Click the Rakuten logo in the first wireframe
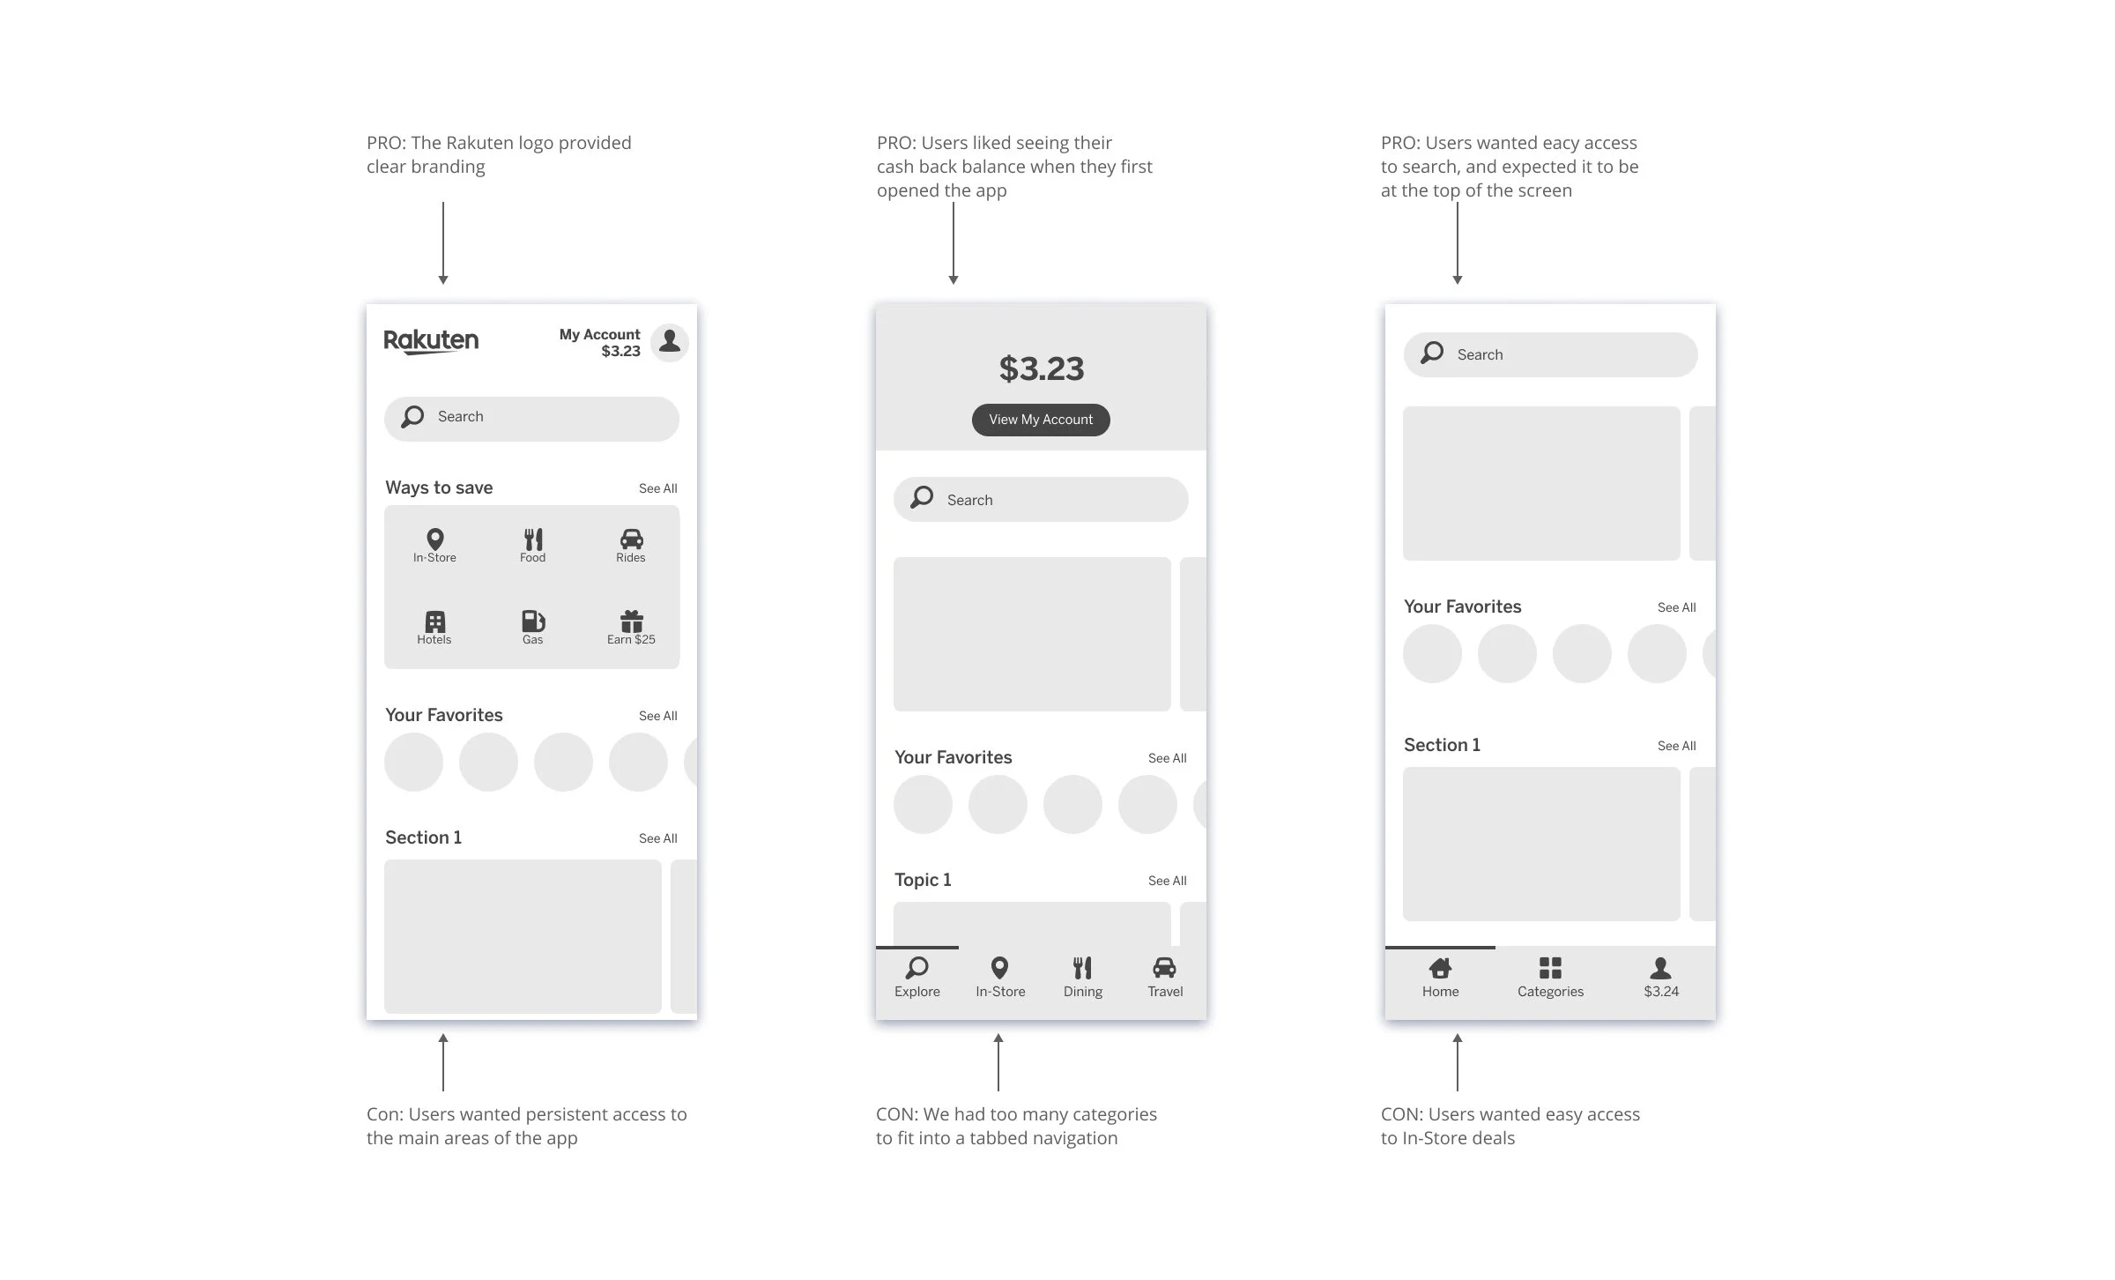[431, 341]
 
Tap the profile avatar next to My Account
[670, 341]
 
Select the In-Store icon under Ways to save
[434, 540]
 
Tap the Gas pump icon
[532, 621]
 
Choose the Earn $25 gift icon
[631, 621]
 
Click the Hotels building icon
[434, 621]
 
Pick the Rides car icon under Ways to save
[631, 540]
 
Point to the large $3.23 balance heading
[1041, 368]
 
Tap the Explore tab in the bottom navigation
[916, 978]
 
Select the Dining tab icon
[1082, 968]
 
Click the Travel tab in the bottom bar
[1164, 978]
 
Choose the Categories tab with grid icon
[1550, 978]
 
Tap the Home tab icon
[1440, 968]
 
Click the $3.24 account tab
[1660, 978]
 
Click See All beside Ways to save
[657, 488]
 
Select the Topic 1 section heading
[923, 880]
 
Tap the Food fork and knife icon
[533, 540]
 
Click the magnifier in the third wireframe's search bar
[1432, 353]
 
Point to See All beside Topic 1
[1167, 881]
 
